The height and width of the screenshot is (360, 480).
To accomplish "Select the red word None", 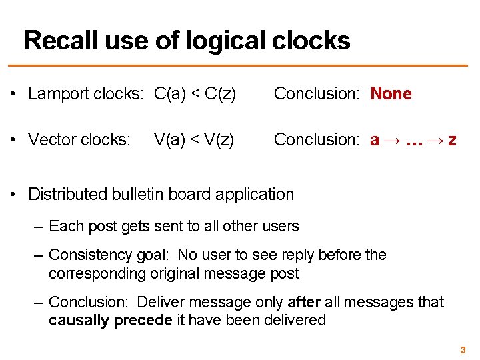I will coord(391,94).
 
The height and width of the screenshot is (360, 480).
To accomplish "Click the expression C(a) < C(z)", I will coord(195,94).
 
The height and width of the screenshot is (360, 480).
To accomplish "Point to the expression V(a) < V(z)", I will coord(194,139).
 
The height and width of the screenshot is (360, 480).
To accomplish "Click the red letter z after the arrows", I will coord(452,139).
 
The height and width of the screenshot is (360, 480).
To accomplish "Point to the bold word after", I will coord(305,302).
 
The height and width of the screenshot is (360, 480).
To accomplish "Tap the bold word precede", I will coord(143,320).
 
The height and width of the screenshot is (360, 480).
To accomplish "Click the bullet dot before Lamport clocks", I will coord(14,94).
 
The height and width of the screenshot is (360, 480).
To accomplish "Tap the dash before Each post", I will coord(39,226).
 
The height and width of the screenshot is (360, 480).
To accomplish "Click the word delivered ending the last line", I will coord(294,320).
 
